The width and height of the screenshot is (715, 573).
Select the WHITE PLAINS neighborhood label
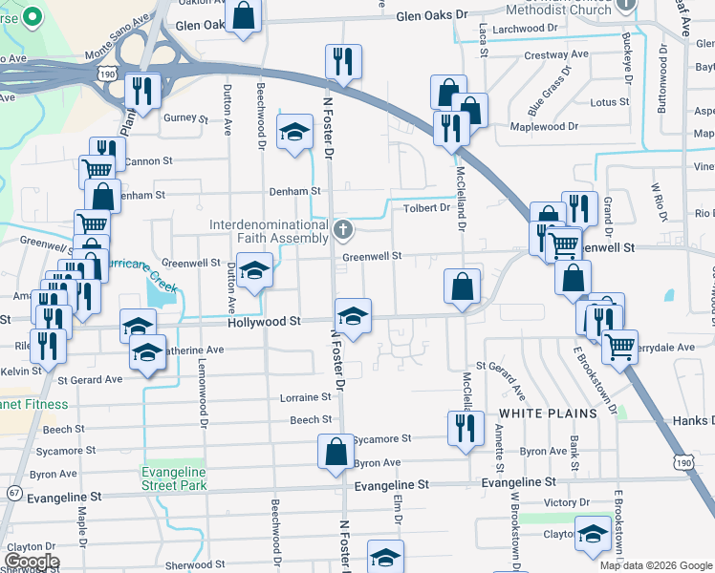pos(547,413)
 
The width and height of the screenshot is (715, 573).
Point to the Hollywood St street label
pos(265,323)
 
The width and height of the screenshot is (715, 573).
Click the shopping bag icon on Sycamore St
pos(336,453)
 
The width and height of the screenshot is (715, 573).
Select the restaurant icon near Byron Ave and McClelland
pos(462,427)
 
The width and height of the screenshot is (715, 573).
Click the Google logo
pos(31,562)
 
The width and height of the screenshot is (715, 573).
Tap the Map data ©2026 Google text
pos(656,565)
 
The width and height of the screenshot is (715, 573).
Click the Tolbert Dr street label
pos(426,207)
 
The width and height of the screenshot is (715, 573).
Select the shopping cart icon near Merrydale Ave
pos(621,348)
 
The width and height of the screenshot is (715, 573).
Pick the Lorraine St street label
pos(305,397)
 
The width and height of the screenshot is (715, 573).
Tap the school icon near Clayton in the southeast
pos(593,534)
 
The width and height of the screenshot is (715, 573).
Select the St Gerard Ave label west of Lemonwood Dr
pos(90,379)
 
